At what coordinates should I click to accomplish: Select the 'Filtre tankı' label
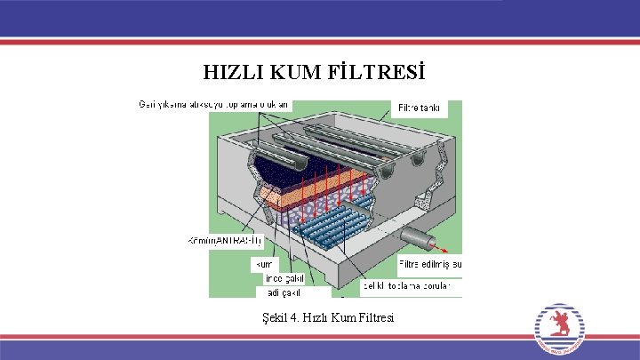[x=418, y=108]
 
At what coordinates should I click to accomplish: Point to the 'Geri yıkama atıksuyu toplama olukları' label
[x=213, y=106]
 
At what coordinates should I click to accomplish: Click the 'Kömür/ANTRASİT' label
[x=226, y=241]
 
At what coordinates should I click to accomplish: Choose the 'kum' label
[x=266, y=264]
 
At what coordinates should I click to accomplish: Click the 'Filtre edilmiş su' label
[x=429, y=264]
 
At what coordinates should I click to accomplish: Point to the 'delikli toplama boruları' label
[x=407, y=285]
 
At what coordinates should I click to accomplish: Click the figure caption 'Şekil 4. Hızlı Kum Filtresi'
[x=323, y=317]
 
